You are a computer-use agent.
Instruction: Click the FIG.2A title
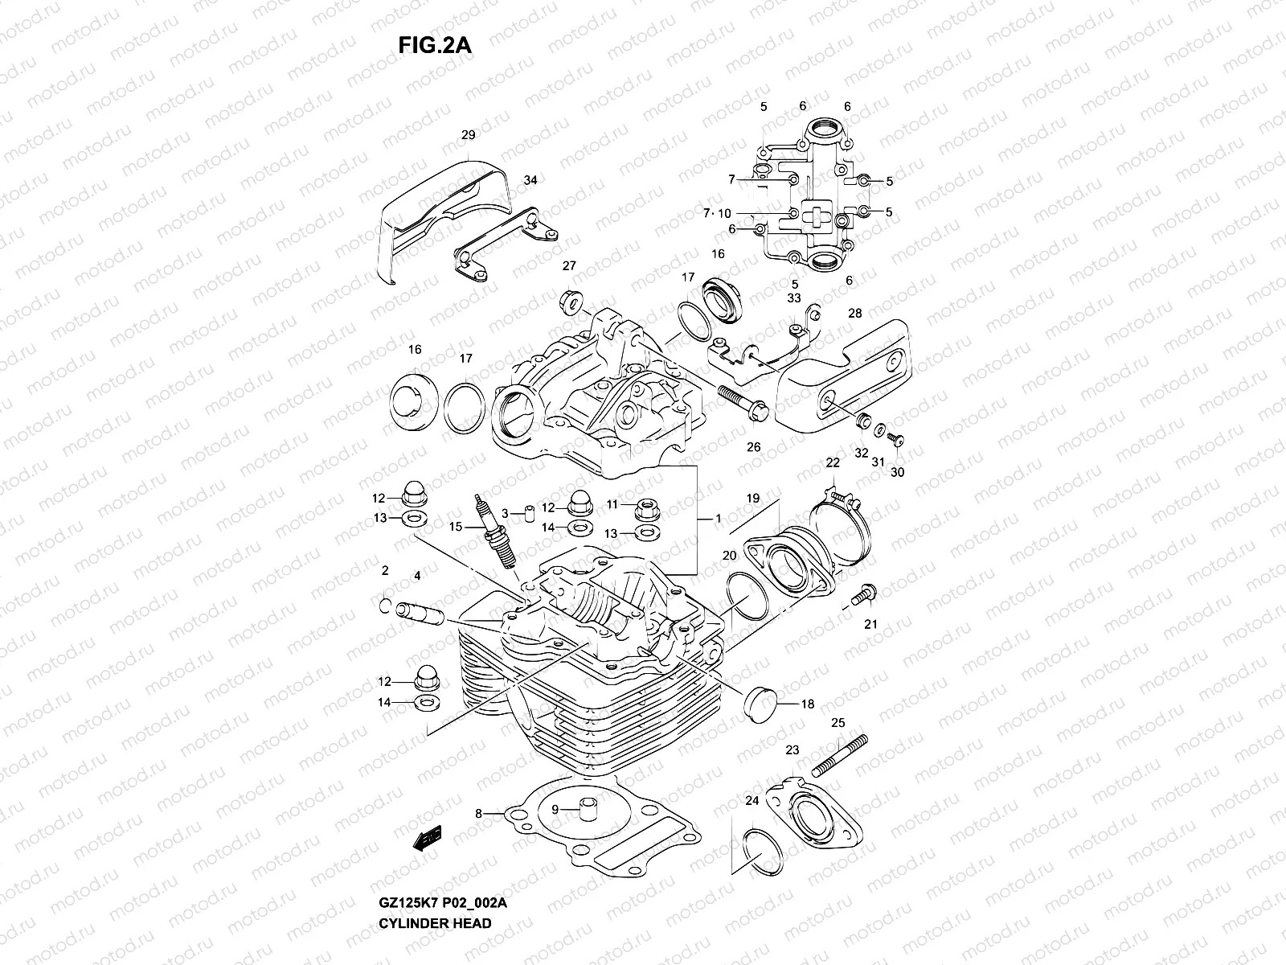[434, 47]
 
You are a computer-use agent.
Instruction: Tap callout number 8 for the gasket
[478, 814]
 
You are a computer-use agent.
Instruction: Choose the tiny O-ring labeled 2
[386, 605]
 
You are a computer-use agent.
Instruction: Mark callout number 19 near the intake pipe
[752, 499]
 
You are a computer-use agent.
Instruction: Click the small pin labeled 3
[530, 514]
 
